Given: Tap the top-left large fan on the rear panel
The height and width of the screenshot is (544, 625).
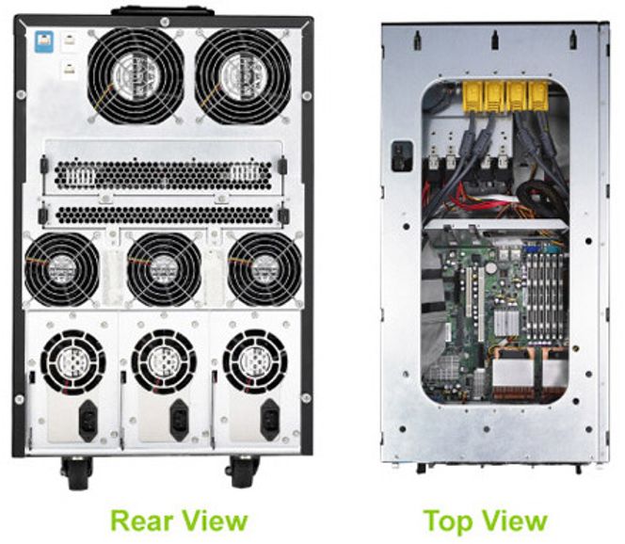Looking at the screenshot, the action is tap(136, 75).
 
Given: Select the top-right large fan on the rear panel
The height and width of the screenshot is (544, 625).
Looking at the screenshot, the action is tap(243, 75).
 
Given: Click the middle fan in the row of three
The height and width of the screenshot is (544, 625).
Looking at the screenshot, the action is tap(164, 269).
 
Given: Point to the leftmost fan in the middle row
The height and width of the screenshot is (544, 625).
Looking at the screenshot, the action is tap(62, 269).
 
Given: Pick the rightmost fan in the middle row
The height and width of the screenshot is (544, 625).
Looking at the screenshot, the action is tap(264, 269).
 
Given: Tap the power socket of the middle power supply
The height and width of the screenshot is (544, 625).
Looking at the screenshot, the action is tap(180, 420).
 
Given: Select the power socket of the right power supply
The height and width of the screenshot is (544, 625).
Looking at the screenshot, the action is tap(270, 420).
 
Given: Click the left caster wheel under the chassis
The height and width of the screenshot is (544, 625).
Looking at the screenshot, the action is tap(77, 473).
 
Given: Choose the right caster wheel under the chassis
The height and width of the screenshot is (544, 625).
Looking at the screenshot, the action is tap(243, 472).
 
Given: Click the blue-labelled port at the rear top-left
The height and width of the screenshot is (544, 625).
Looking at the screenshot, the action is tap(44, 41).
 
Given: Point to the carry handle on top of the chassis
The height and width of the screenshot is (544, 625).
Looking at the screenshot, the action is tap(162, 11).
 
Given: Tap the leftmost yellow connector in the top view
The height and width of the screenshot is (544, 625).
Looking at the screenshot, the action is tap(473, 96).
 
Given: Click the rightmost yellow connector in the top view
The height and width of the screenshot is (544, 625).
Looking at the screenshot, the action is tap(538, 96).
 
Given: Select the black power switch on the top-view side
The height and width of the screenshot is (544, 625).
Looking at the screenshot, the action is tap(402, 156).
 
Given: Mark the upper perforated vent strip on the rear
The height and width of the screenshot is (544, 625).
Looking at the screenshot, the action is tap(164, 175).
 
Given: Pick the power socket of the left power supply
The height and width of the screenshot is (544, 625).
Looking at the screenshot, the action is tap(88, 420).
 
